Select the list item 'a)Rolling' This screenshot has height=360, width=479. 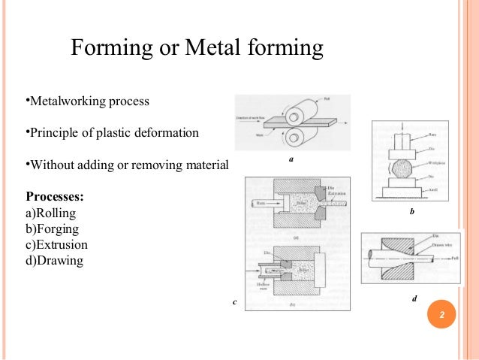coord(51,213)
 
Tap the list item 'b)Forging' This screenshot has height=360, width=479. coord(52,229)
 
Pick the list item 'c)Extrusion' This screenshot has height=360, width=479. coord(57,245)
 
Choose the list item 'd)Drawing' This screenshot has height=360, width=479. coord(54,261)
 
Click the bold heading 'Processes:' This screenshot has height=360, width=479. coord(55,197)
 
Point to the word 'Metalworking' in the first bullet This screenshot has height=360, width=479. coord(69,101)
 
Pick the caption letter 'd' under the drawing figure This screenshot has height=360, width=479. coord(415,298)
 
